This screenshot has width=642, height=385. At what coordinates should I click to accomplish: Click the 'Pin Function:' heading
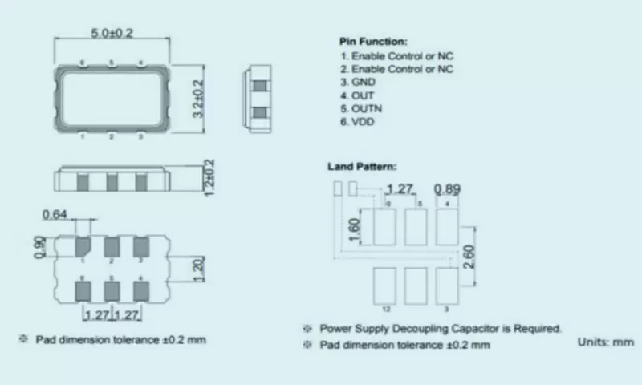point(373,41)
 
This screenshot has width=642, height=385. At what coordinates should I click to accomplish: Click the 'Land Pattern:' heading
point(362,167)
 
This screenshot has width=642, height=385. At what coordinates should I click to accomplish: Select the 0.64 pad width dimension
point(54,214)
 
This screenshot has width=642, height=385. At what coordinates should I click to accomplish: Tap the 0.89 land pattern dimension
point(446,189)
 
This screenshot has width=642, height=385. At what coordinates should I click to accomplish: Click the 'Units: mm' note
point(605,342)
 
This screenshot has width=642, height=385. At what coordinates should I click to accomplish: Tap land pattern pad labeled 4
point(446,227)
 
